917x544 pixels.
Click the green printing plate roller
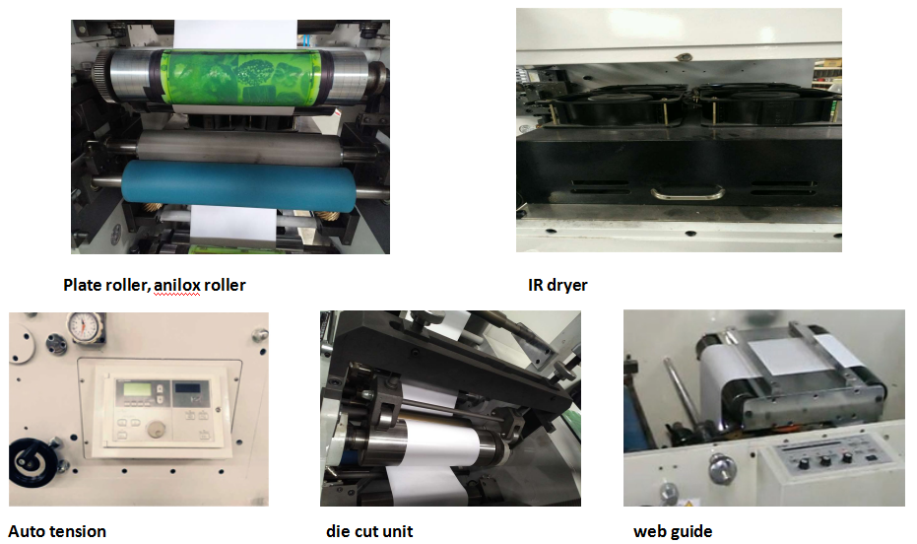click(241, 78)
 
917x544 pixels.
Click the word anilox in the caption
click(176, 285)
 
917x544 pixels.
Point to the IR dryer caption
click(557, 286)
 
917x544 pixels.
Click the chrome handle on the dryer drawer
click(688, 192)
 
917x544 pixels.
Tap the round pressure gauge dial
click(85, 326)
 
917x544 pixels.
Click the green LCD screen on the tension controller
click(135, 389)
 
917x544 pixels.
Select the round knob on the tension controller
click(156, 430)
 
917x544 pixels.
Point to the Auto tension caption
click(57, 532)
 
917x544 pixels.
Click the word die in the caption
click(339, 531)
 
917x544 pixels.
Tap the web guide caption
click(673, 532)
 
